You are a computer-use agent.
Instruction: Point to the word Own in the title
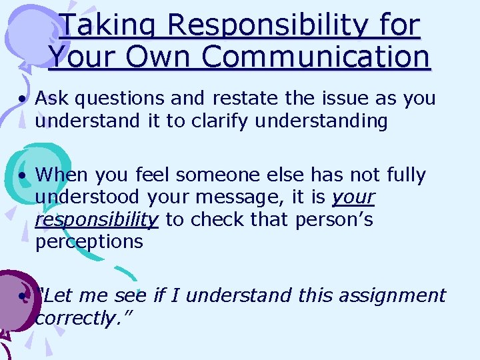pyautogui.click(x=160, y=57)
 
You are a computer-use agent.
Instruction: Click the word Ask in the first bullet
pyautogui.click(x=53, y=99)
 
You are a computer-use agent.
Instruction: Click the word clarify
pyautogui.click(x=220, y=121)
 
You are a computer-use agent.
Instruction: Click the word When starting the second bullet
pyautogui.click(x=61, y=175)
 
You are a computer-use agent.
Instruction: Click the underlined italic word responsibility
pyautogui.click(x=97, y=220)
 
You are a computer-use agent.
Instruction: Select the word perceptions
pyautogui.click(x=89, y=242)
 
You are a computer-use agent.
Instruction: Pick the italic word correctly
pyautogui.click(x=83, y=318)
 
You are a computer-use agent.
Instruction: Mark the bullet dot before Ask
pyautogui.click(x=23, y=99)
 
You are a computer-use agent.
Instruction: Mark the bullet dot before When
pyautogui.click(x=23, y=176)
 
